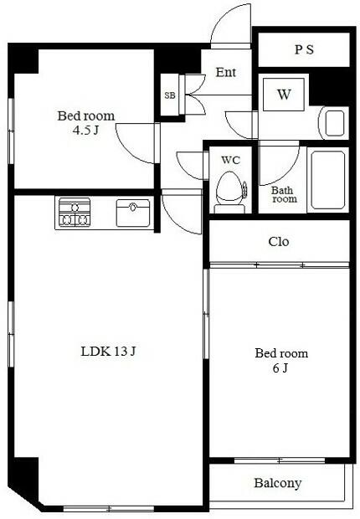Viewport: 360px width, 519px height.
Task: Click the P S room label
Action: [x=304, y=49]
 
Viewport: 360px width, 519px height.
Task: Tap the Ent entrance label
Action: [x=226, y=72]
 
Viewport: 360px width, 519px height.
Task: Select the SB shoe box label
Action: [x=170, y=95]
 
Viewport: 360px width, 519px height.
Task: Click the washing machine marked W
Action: [x=284, y=95]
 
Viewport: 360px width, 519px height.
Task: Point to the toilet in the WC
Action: [x=229, y=193]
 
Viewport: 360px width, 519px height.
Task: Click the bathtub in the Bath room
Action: [x=328, y=180]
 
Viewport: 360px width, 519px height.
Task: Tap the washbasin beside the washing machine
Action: [x=333, y=123]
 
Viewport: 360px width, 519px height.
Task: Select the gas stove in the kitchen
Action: [x=75, y=212]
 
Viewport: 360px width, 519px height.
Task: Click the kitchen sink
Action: [x=133, y=213]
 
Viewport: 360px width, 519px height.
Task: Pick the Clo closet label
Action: [x=279, y=242]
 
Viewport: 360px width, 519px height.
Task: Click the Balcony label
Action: [x=277, y=483]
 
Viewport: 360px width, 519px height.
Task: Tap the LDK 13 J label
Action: [x=108, y=352]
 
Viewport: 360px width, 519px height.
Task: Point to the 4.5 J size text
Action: [x=85, y=131]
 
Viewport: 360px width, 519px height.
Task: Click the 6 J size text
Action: [x=280, y=367]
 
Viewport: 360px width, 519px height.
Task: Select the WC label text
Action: [x=230, y=160]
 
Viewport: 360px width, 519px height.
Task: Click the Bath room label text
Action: [x=284, y=194]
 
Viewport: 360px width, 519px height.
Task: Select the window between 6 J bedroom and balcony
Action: [x=280, y=460]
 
